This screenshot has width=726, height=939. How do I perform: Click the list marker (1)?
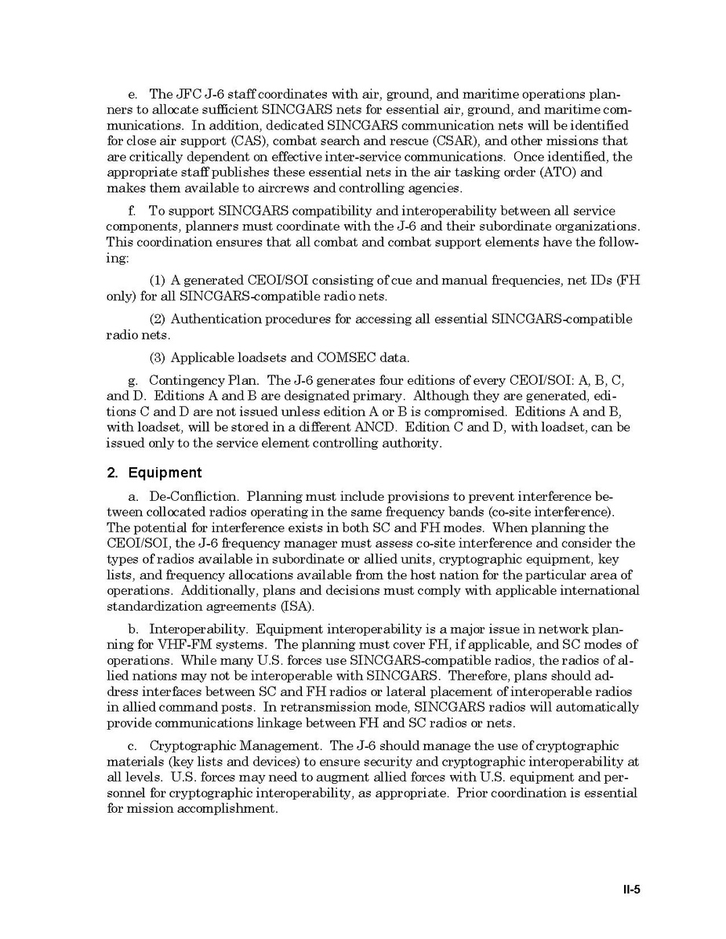point(157,281)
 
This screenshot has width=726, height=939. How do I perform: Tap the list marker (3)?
point(157,357)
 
